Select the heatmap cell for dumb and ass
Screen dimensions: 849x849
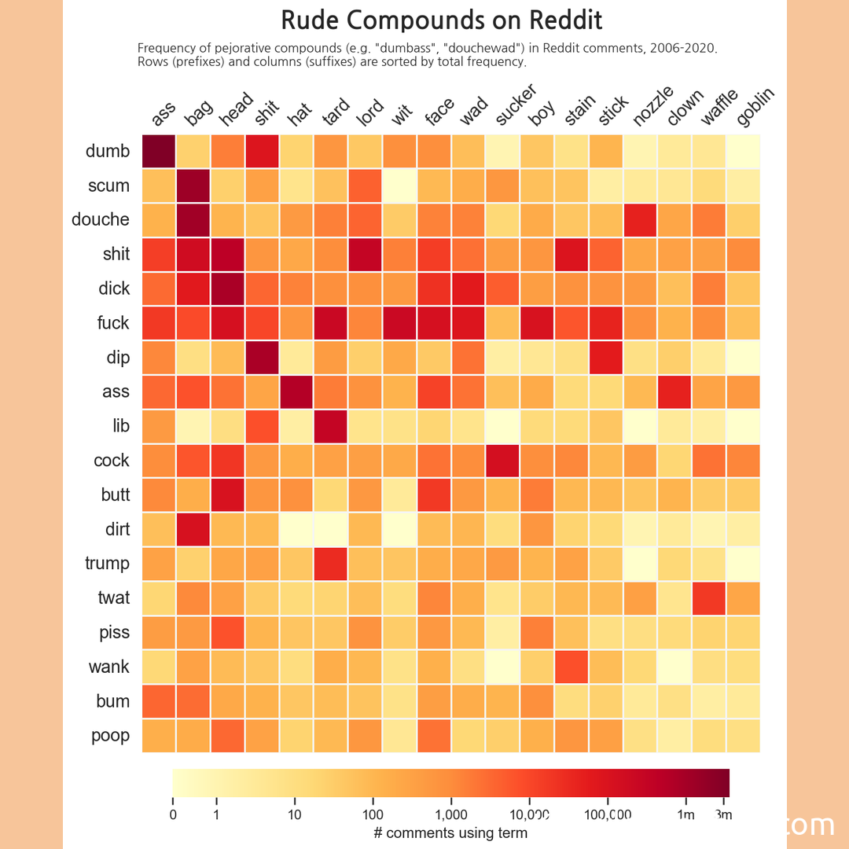(x=159, y=151)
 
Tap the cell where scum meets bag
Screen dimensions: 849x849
(x=193, y=186)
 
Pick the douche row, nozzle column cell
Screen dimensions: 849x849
(x=641, y=219)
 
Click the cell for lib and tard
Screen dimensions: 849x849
(x=331, y=425)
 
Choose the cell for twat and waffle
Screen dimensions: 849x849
(x=709, y=597)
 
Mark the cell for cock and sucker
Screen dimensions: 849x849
(x=503, y=460)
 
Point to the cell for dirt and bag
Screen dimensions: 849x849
(x=193, y=529)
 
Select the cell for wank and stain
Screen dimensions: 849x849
(x=572, y=667)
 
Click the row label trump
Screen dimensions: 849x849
(x=107, y=564)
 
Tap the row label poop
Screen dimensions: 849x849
(x=110, y=736)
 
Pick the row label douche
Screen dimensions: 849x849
(x=101, y=220)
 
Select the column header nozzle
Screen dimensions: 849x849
(x=652, y=107)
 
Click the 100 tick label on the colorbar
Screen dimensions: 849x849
(x=373, y=815)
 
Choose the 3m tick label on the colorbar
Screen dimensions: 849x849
(x=724, y=815)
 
